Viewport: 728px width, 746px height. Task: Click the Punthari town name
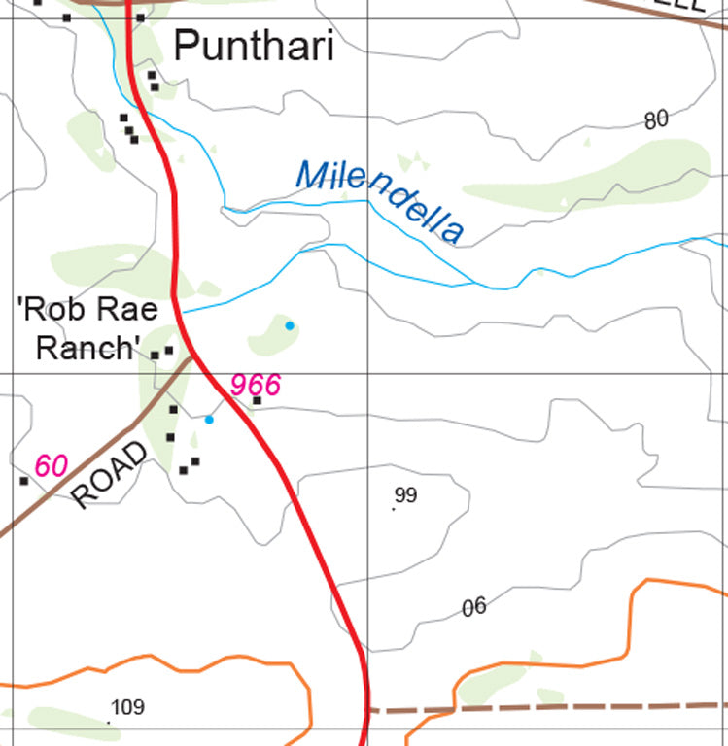pyautogui.click(x=253, y=47)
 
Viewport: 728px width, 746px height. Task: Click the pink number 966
pyautogui.click(x=255, y=385)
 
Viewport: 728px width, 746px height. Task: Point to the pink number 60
pyautogui.click(x=52, y=465)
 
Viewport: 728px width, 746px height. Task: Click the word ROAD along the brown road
pyautogui.click(x=111, y=475)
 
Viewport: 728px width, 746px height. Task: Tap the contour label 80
pyautogui.click(x=656, y=119)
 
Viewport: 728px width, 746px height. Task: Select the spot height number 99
pyautogui.click(x=406, y=495)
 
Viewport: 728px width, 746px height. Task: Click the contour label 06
pyautogui.click(x=473, y=608)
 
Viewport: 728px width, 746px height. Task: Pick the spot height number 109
pyautogui.click(x=128, y=707)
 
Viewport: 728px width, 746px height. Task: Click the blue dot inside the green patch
pyautogui.click(x=290, y=325)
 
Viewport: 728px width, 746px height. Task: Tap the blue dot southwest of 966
pyautogui.click(x=209, y=420)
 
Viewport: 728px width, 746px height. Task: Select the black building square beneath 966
pyautogui.click(x=258, y=400)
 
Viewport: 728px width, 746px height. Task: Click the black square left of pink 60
pyautogui.click(x=23, y=481)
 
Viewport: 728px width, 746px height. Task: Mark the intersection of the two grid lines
pyautogui.click(x=367, y=374)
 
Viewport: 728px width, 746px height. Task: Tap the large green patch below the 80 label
pyautogui.click(x=593, y=180)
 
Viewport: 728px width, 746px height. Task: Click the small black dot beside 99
pyautogui.click(x=394, y=508)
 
